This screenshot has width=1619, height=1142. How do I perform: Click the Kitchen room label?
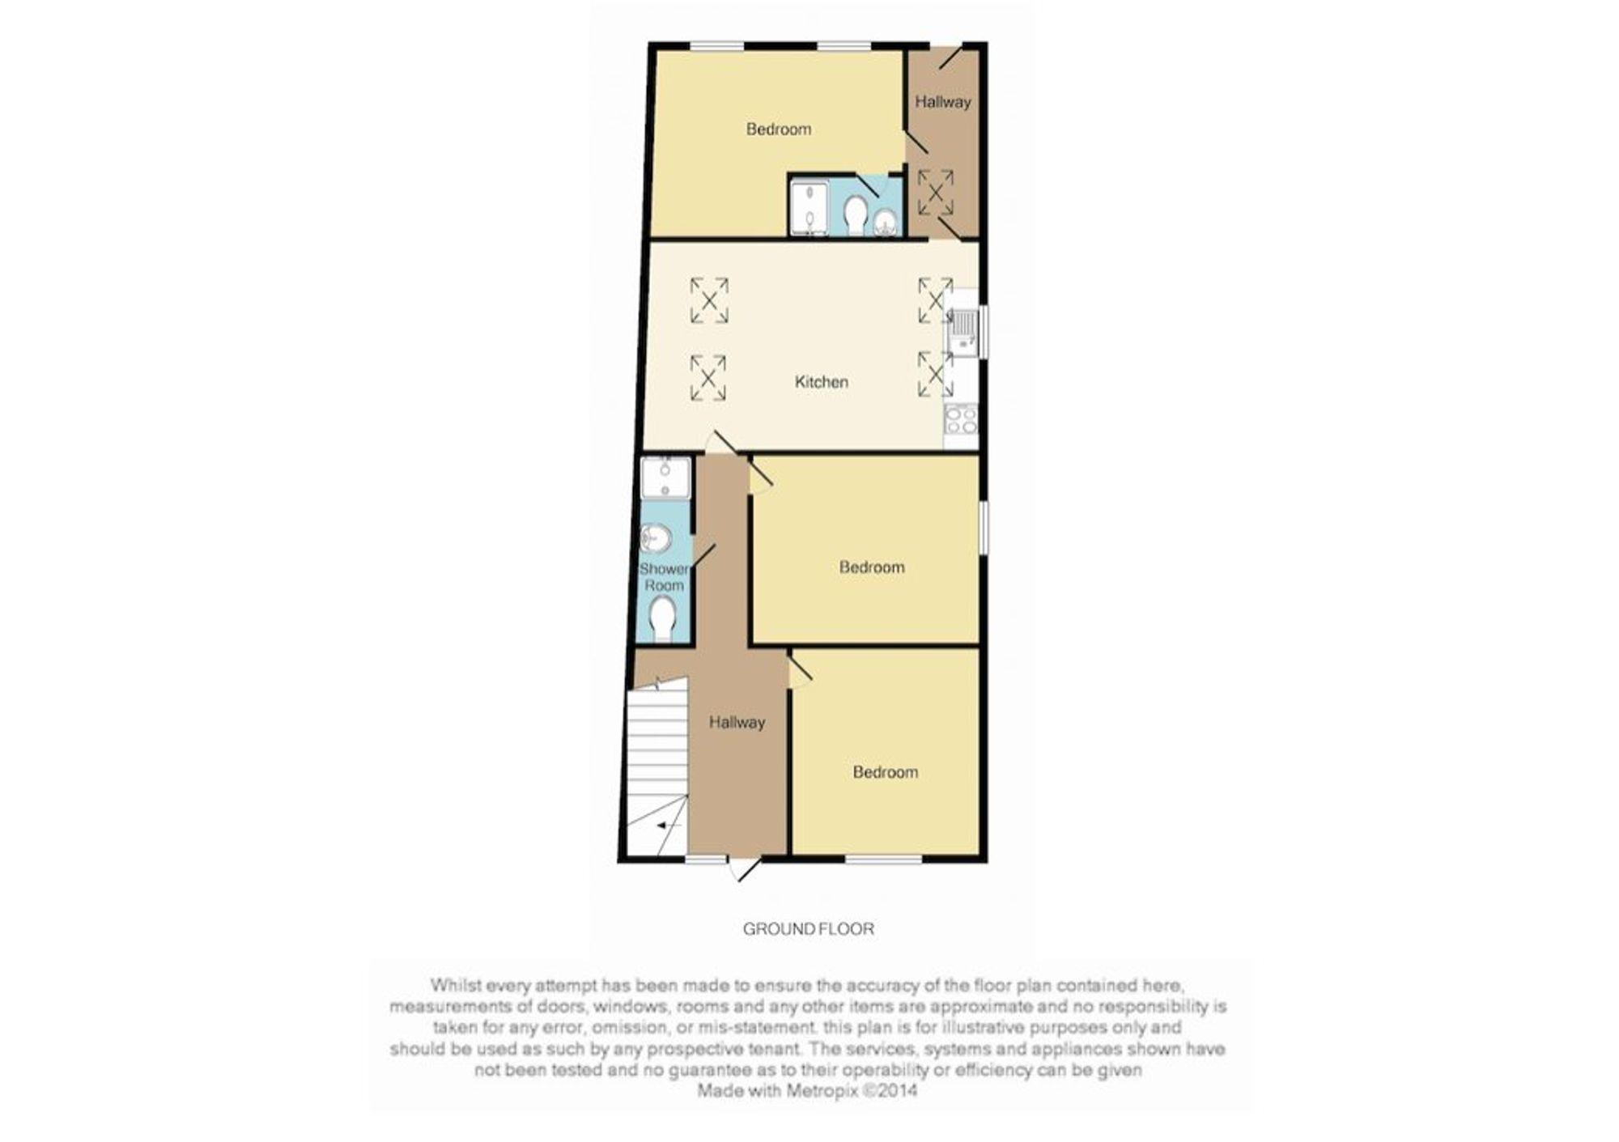[821, 382]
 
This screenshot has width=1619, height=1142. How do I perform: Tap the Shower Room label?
[664, 577]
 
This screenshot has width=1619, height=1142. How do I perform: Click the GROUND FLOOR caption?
[809, 929]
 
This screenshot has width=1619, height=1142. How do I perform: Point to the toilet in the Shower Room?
[663, 618]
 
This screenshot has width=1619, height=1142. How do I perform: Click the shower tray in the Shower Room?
[665, 478]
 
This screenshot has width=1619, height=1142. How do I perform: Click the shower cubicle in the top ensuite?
[809, 208]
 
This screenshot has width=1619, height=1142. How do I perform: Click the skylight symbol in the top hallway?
[935, 193]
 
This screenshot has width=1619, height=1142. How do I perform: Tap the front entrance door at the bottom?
[745, 869]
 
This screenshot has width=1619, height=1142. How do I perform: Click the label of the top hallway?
[942, 102]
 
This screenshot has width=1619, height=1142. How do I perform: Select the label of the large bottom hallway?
[737, 723]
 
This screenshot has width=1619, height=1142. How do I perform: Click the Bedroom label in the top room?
[778, 129]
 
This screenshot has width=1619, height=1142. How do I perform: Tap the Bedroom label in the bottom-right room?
[885, 773]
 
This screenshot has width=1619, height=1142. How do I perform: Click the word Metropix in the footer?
[820, 1091]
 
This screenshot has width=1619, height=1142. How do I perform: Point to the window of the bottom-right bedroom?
[884, 858]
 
